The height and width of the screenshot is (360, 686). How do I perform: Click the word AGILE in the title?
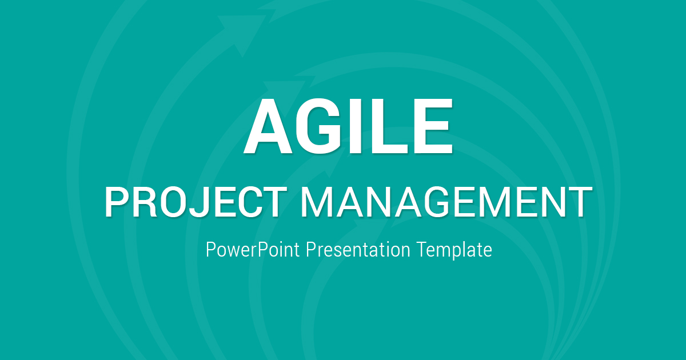click(x=348, y=126)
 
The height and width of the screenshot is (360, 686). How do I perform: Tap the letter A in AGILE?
click(x=268, y=126)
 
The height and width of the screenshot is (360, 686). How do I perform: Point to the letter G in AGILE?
click(x=318, y=126)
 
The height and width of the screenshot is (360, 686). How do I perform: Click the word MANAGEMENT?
click(x=446, y=202)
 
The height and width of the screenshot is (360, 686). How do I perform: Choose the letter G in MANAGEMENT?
click(x=438, y=202)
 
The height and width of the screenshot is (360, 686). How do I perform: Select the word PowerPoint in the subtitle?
click(x=253, y=250)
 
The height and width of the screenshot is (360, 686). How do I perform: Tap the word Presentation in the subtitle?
click(x=358, y=250)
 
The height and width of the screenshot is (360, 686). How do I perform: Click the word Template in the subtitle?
click(x=454, y=250)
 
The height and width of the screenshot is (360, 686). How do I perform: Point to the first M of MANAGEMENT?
click(x=317, y=202)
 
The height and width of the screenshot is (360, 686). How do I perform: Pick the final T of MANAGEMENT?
click(x=580, y=202)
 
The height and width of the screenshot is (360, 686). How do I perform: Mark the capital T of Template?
click(x=422, y=250)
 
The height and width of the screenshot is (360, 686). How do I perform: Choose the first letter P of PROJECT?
click(x=115, y=202)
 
